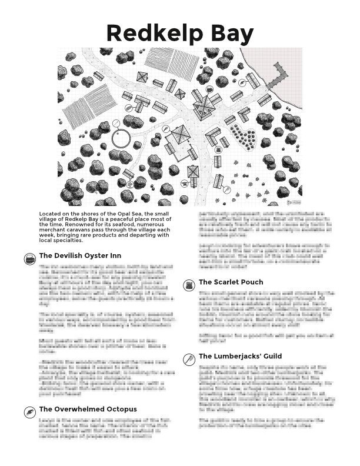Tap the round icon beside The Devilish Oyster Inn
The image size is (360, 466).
[x=29, y=259]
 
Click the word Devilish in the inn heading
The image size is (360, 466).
[x=72, y=256]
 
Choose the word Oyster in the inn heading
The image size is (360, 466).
[x=100, y=256]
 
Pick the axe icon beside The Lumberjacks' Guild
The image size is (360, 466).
[x=189, y=359]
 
